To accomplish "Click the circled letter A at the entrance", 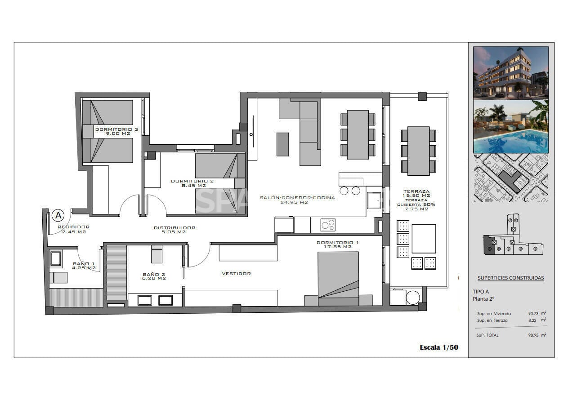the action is [x=58, y=215].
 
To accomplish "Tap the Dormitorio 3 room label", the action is [x=116, y=131].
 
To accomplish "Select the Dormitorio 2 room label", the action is [x=192, y=183].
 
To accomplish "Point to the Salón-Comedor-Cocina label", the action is [x=297, y=200].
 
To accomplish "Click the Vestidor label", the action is [x=236, y=274].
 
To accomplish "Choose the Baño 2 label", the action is [x=154, y=276].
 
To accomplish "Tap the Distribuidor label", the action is [x=174, y=230].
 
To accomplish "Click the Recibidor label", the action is [x=74, y=229].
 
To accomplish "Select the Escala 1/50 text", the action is [x=439, y=347].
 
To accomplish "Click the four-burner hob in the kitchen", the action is [x=328, y=225].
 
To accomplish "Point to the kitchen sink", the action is [x=374, y=200].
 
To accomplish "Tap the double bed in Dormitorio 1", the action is [x=338, y=278].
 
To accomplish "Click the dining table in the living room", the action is [x=358, y=134].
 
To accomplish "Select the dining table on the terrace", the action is [x=418, y=151].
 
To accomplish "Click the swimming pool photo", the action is [x=511, y=126].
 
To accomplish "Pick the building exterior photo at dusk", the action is [x=511, y=73].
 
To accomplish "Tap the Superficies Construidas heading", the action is [x=511, y=278].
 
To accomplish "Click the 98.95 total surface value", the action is [x=533, y=335].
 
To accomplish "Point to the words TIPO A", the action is [x=480, y=292].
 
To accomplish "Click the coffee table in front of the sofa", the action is [x=282, y=144].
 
